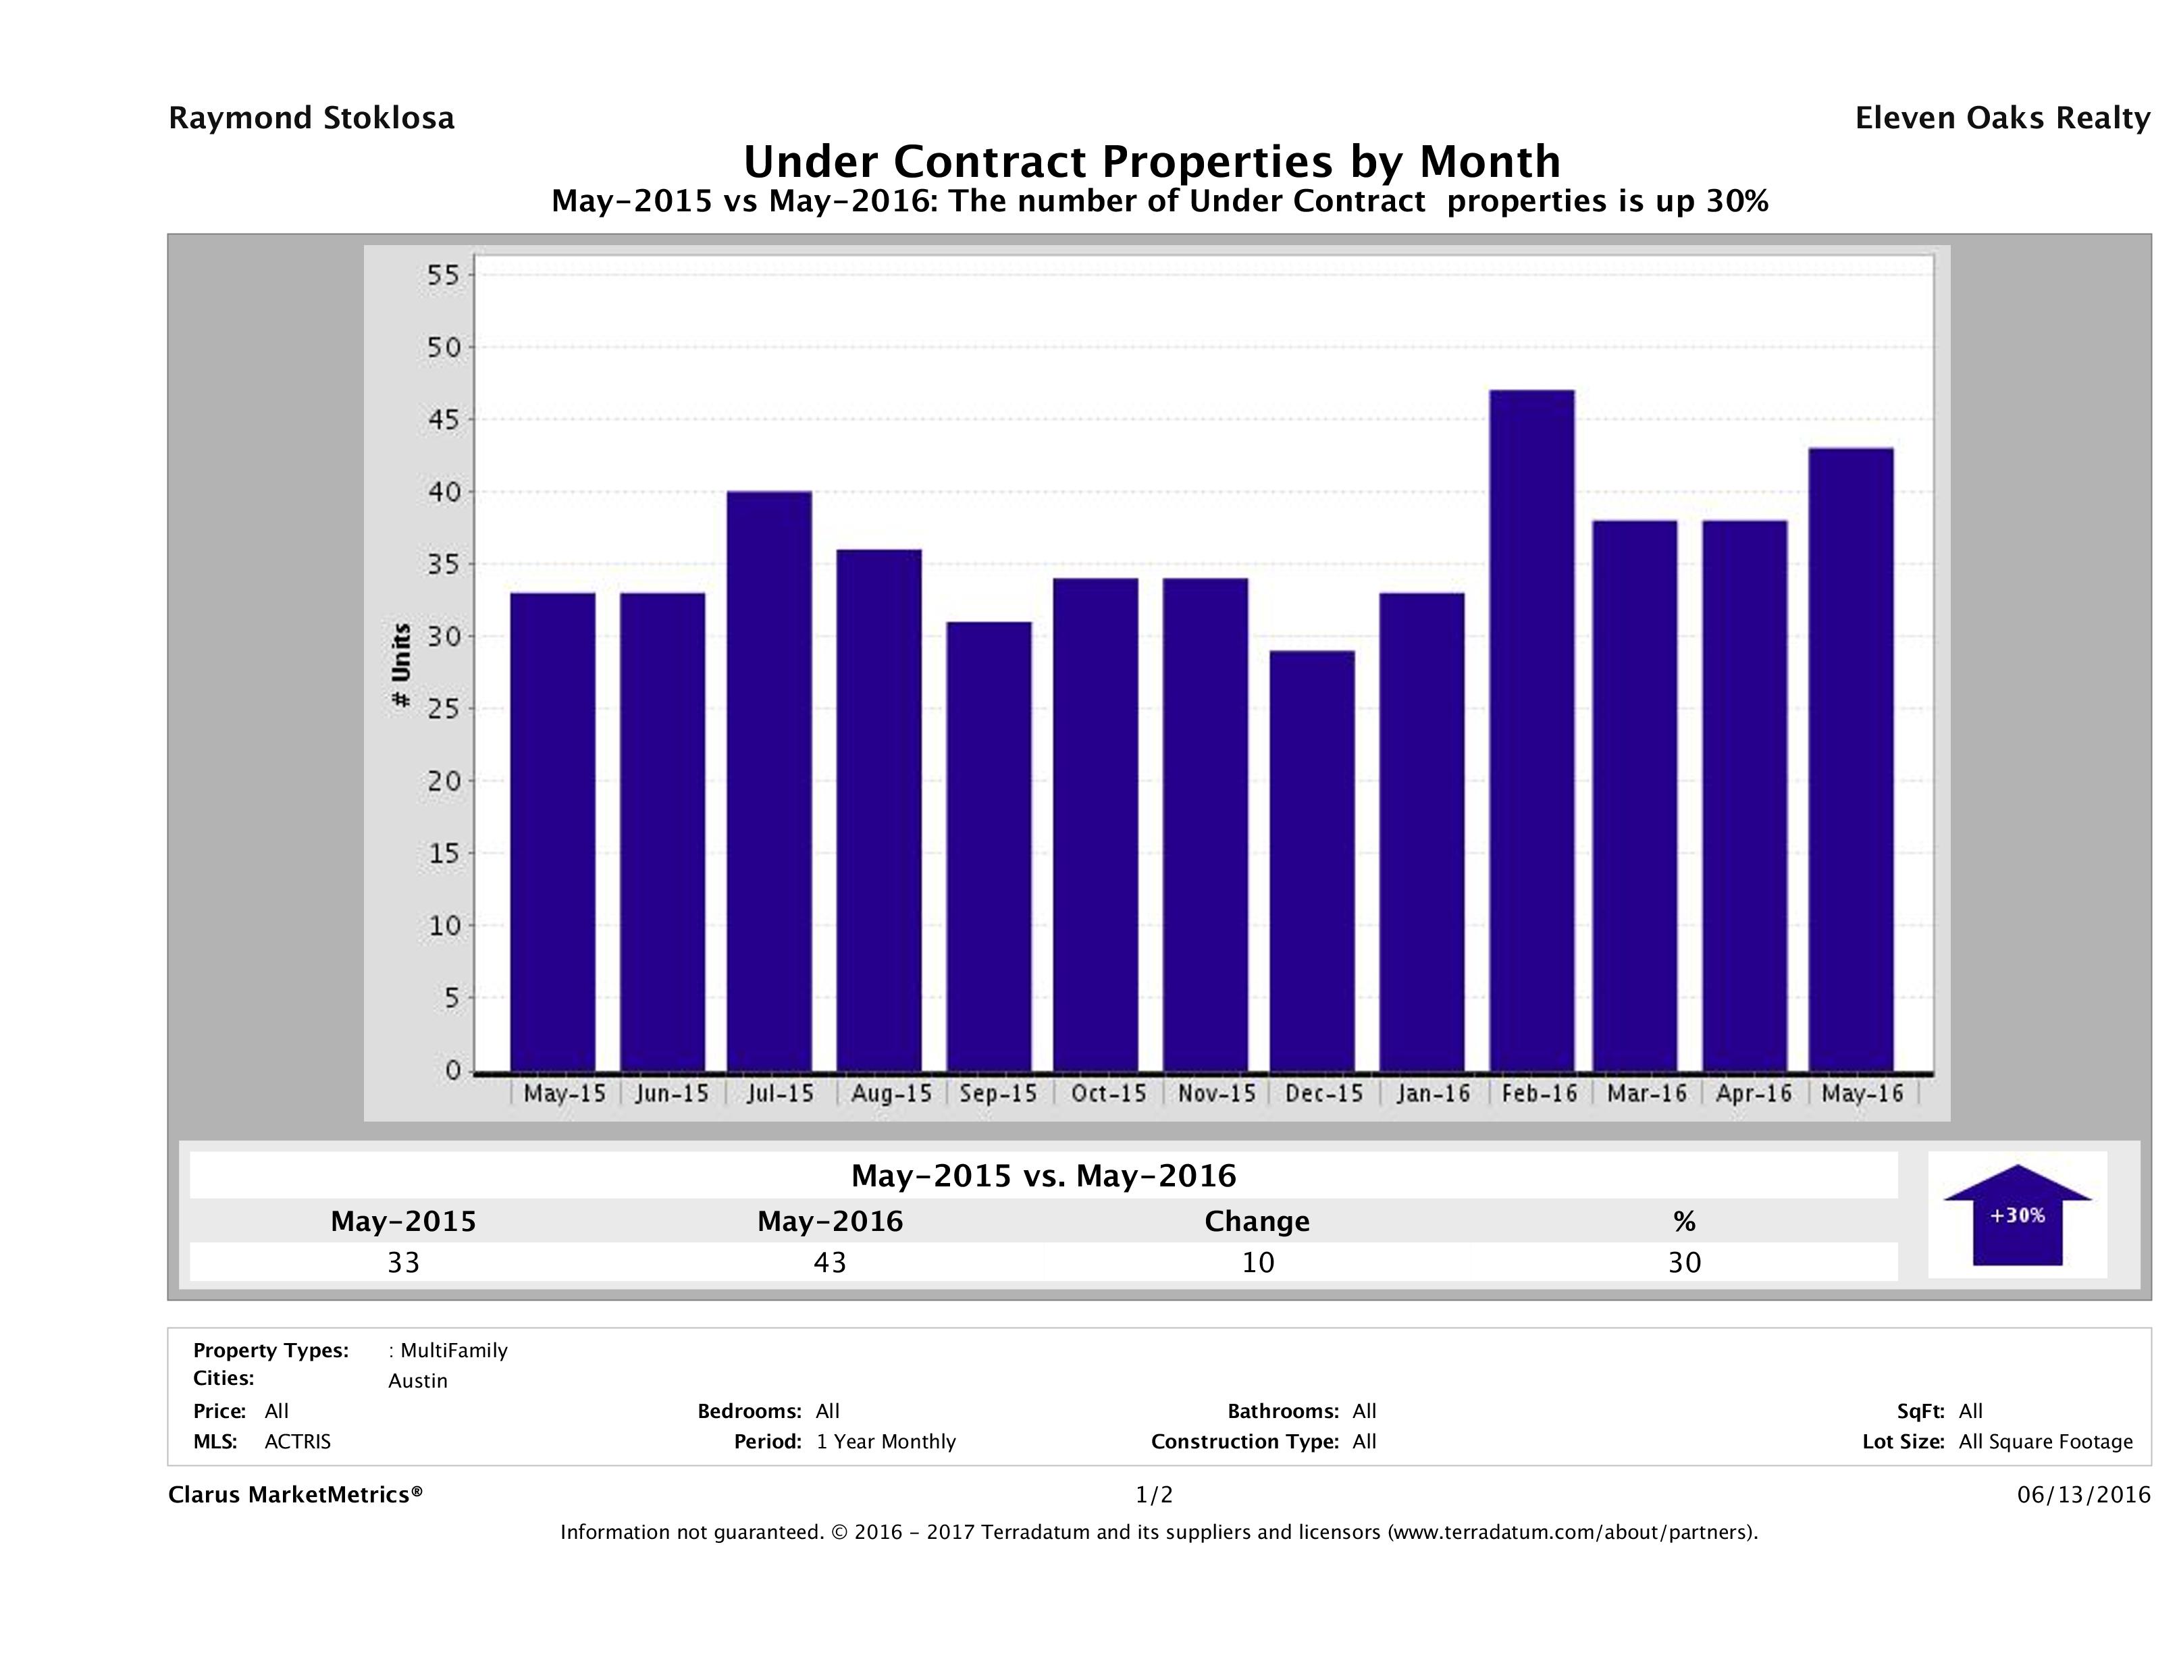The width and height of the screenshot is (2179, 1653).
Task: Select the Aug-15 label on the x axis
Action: tap(891, 1093)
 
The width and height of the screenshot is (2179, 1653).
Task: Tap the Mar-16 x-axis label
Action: tap(1646, 1093)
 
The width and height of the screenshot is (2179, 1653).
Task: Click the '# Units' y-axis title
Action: tap(401, 666)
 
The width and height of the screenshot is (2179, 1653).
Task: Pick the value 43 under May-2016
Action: tap(829, 1263)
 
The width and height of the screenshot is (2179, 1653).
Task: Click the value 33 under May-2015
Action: tap(403, 1263)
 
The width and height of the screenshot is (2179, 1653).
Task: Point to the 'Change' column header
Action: tap(1257, 1222)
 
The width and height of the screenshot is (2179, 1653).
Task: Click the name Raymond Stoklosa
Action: tap(311, 118)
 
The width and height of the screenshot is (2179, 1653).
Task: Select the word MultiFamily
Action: tap(454, 1350)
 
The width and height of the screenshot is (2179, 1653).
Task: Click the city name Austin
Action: tap(418, 1381)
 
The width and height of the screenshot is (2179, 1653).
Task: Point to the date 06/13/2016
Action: tap(2083, 1496)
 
